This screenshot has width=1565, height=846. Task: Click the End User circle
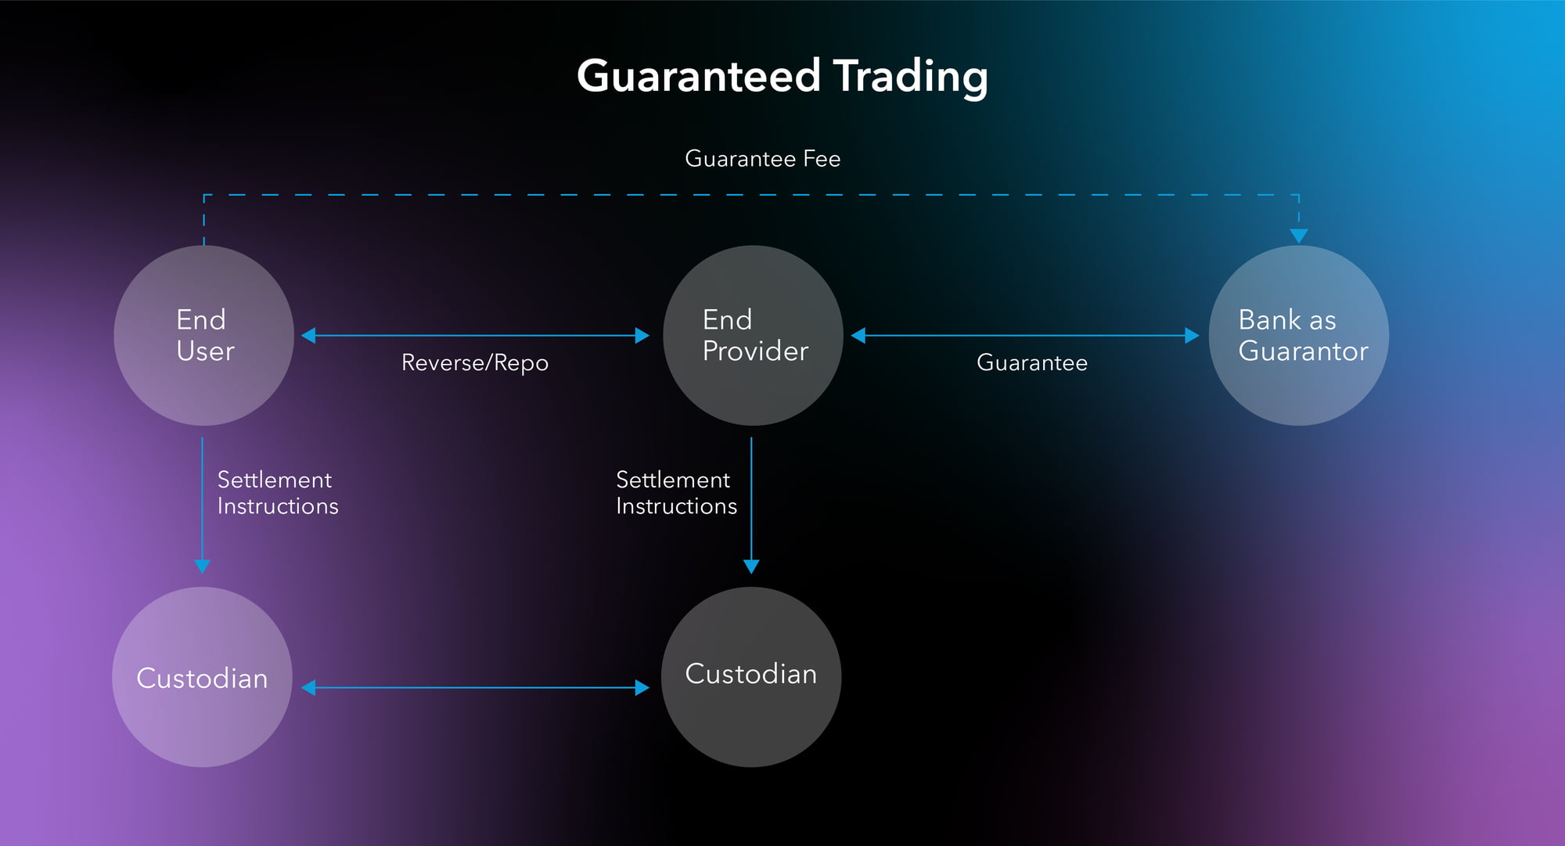[204, 336]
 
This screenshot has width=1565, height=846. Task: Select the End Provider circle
[753, 336]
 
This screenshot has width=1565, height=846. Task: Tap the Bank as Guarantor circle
[1299, 336]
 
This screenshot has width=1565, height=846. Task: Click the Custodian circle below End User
[203, 677]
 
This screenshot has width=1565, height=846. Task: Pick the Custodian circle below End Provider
[751, 677]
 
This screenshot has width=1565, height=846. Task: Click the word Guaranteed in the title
[699, 77]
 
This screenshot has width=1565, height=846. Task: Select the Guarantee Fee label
[763, 159]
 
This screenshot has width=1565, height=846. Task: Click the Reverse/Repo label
[475, 363]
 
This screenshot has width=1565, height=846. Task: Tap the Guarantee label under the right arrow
[1032, 363]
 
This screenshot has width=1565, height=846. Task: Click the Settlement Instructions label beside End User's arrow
[278, 493]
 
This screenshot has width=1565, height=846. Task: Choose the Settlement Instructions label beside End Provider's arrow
[677, 493]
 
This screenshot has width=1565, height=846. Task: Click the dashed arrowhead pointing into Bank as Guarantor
[1299, 236]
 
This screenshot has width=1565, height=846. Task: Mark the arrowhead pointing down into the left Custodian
[203, 567]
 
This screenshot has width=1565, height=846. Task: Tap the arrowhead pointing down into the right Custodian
[751, 567]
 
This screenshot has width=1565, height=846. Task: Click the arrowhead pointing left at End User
[308, 336]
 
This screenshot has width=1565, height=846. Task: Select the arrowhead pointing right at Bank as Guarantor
[1192, 336]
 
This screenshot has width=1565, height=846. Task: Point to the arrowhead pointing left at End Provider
[858, 336]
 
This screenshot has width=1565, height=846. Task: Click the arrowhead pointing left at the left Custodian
[308, 688]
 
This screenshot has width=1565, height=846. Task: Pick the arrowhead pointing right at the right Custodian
[642, 688]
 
